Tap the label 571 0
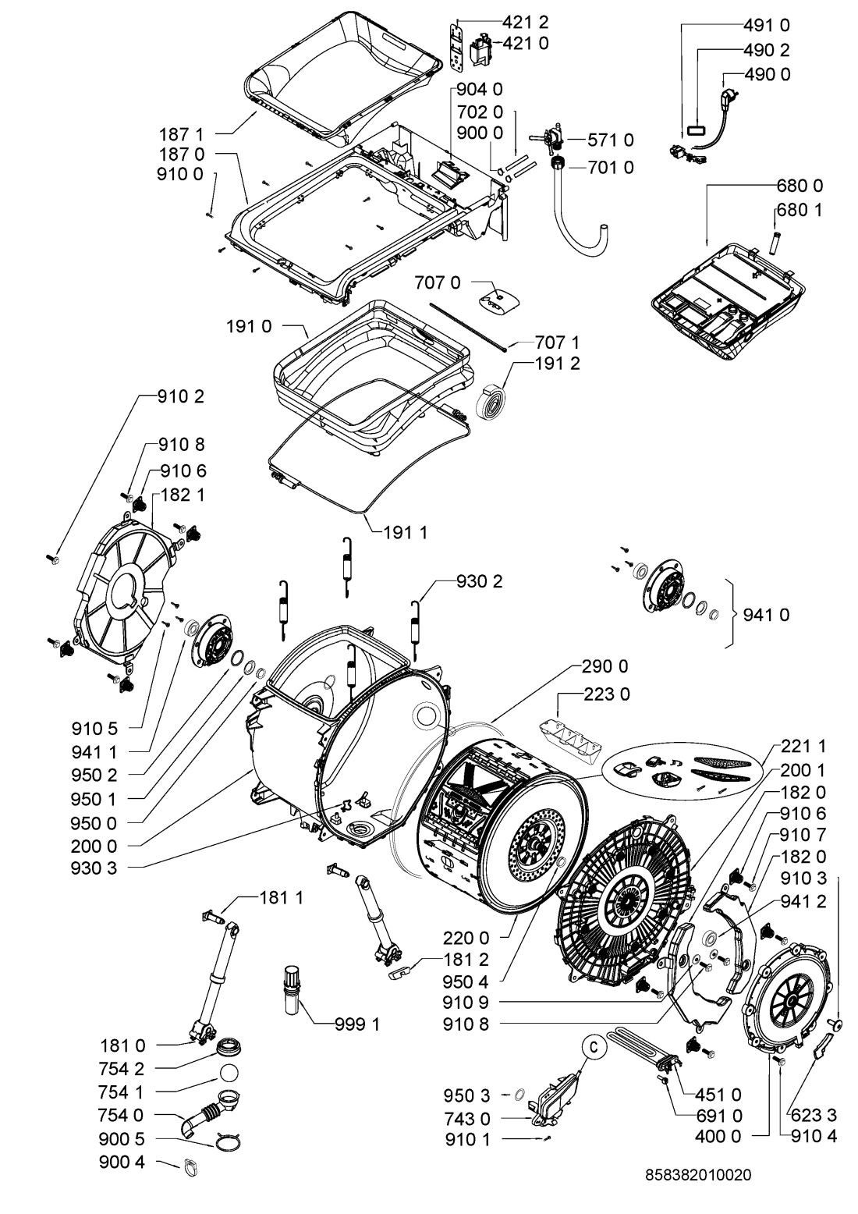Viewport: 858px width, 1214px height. pos(611,140)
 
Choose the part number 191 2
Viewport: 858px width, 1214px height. pos(557,364)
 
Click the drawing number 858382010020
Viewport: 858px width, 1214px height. pos(699,1174)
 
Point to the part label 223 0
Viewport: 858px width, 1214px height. pos(604,694)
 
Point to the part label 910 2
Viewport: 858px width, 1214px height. pos(181,397)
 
